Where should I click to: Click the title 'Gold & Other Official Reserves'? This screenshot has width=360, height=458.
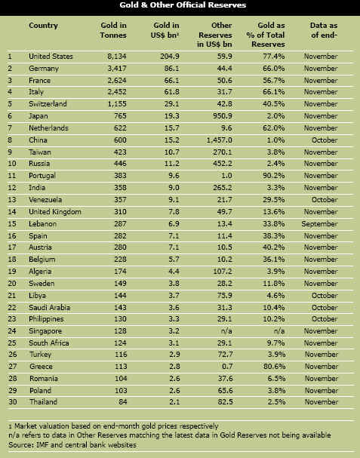[183, 5]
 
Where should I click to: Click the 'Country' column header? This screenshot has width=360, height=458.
[43, 26]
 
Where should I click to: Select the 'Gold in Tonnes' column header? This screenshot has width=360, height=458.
[113, 30]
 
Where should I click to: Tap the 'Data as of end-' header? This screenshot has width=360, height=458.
[324, 30]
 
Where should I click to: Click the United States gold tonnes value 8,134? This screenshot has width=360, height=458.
[117, 57]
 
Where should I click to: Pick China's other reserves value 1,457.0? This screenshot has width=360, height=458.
[219, 140]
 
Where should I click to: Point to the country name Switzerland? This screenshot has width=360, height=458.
[48, 104]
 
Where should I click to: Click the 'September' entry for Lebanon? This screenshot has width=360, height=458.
[319, 224]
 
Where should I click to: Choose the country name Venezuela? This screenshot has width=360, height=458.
[45, 200]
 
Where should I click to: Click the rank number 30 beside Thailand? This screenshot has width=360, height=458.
[13, 402]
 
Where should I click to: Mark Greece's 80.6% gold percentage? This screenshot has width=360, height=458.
[274, 366]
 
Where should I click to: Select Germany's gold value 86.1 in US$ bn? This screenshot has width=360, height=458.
[172, 69]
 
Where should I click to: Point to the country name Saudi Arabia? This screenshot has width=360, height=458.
[49, 308]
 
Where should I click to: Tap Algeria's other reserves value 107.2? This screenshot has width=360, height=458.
[223, 272]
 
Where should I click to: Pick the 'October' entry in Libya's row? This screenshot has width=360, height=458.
[325, 296]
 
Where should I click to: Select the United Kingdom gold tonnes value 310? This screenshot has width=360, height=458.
[121, 212]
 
